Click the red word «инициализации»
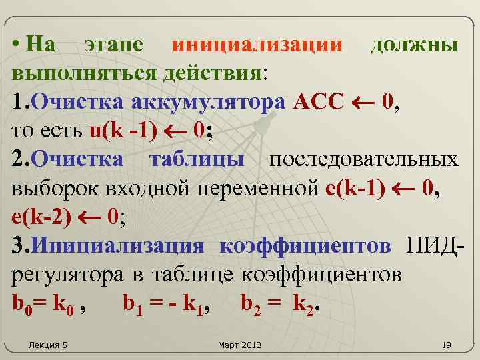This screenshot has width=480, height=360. pos(257,45)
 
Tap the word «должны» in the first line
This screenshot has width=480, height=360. pos(414,45)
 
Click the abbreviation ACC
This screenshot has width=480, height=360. pos(317,102)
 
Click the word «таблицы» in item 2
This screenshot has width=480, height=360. pos(197,160)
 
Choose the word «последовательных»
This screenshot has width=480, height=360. pos(363,160)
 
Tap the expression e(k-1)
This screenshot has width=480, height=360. pos(355,189)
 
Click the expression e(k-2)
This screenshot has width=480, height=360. pos(41,217)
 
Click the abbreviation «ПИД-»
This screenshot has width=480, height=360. pos(433,246)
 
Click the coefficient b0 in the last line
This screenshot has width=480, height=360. pos(22,305)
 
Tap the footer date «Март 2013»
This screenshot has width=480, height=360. pos(240,345)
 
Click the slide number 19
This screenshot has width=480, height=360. pos(447,345)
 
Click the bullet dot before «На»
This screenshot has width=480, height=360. pos(16,45)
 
